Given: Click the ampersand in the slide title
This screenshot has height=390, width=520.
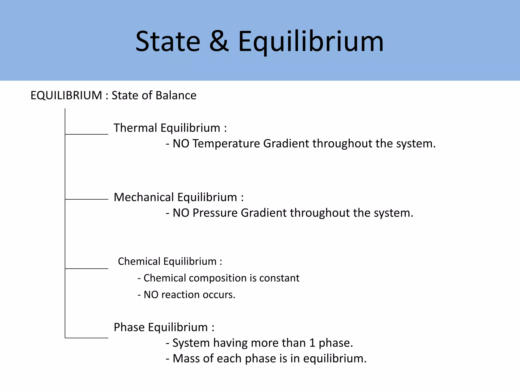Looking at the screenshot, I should [219, 41].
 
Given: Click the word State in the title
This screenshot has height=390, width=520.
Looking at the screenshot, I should [168, 41].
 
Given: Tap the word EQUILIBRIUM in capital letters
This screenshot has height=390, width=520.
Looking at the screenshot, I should [66, 95].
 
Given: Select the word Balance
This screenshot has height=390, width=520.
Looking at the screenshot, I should [176, 95].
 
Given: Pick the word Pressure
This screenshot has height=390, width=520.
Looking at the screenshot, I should [215, 213].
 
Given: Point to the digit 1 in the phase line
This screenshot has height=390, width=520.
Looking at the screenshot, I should [312, 343].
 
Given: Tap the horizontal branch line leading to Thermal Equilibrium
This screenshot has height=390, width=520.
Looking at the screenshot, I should [87, 134].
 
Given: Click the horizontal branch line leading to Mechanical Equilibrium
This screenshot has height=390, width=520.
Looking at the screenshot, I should [87, 199].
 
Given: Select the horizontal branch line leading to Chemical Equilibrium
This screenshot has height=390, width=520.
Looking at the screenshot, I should [87, 268].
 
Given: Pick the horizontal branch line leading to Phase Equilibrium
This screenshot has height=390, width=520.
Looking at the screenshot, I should [87, 338].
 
